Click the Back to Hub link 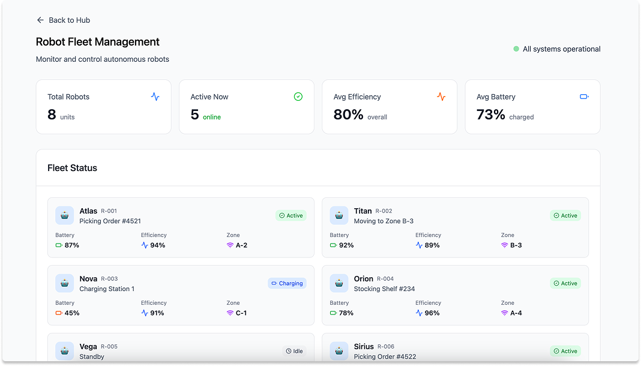(x=63, y=20)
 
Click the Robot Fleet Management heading (x=98, y=42)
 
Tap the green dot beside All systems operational (x=516, y=49)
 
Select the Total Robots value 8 (x=52, y=114)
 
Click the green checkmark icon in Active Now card (x=298, y=97)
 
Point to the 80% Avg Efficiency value (x=348, y=114)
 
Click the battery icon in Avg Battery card (x=584, y=97)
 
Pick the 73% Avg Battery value (x=490, y=114)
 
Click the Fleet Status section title (x=72, y=168)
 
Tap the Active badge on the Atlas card (x=291, y=215)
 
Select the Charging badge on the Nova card (x=287, y=283)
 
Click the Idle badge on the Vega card (x=294, y=351)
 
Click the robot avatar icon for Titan (x=339, y=215)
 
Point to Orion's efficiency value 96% (x=432, y=313)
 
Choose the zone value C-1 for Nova (x=241, y=313)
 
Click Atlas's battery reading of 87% (x=71, y=245)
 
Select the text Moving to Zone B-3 (x=384, y=221)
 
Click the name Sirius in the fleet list (x=364, y=346)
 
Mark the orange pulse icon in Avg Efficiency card (x=441, y=97)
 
